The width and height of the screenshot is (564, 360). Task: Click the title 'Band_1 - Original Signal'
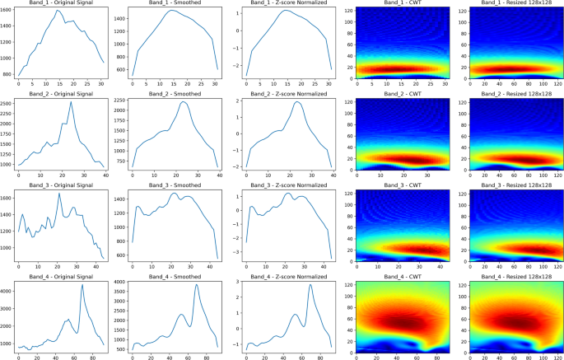(x=60, y=4)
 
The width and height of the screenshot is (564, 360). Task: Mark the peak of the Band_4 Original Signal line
(x=82, y=286)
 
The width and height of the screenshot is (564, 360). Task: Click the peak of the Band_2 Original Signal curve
(x=71, y=102)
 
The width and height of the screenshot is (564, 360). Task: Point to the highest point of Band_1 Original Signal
(x=59, y=11)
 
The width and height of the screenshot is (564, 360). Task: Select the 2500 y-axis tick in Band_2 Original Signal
(x=9, y=103)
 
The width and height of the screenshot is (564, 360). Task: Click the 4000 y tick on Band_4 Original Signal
(x=9, y=291)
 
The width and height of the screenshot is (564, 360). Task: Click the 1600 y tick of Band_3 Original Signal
(x=9, y=199)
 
